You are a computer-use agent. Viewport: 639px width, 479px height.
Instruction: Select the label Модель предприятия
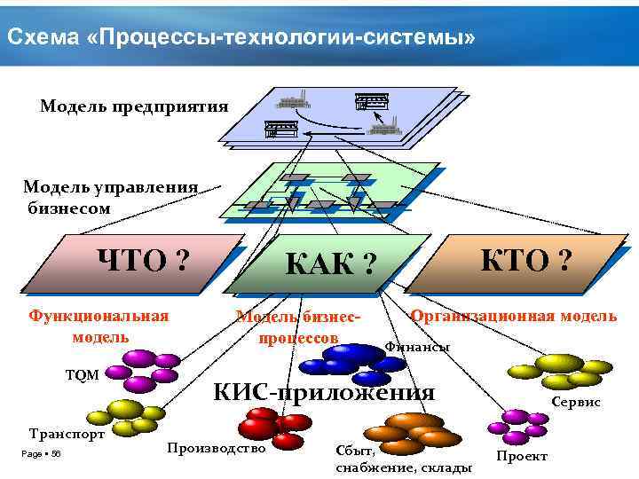(x=134, y=106)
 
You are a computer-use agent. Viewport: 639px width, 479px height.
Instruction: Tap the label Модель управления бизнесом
(x=110, y=197)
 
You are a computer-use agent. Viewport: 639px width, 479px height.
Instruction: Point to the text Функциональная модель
(x=99, y=326)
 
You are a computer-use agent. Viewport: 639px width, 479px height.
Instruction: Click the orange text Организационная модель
(x=513, y=316)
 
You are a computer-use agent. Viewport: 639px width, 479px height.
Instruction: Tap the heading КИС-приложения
(x=325, y=392)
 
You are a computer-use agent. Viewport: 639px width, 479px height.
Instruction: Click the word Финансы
(x=416, y=346)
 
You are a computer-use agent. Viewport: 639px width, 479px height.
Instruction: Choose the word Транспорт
(x=67, y=434)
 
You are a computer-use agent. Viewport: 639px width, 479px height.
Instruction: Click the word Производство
(x=217, y=448)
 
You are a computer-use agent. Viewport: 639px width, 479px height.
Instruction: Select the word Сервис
(x=576, y=402)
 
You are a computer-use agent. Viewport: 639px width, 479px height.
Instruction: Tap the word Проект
(x=522, y=455)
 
